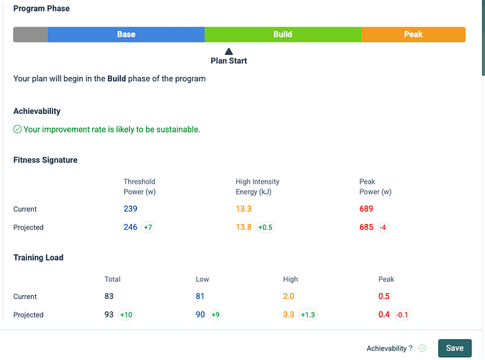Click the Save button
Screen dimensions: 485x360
point(455,348)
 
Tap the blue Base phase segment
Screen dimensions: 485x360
point(126,35)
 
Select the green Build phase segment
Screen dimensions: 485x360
point(282,35)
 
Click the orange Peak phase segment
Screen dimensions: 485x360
point(413,35)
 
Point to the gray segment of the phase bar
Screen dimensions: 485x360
point(30,35)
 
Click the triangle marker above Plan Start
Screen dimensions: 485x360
point(228,51)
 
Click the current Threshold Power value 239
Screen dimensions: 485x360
point(130,209)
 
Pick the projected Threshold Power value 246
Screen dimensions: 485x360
point(130,227)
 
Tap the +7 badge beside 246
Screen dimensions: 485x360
point(148,228)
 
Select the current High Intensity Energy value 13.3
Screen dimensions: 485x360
point(244,209)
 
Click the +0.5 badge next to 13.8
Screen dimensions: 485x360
point(265,228)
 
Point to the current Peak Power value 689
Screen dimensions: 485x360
point(366,209)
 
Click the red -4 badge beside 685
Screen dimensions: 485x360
point(383,228)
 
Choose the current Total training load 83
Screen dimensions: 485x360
point(109,297)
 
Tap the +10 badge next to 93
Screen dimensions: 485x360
point(126,315)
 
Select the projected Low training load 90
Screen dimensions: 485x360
point(200,315)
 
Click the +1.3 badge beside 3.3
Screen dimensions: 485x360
point(308,315)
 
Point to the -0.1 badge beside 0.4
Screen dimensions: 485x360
point(402,315)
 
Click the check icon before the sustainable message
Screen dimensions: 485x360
point(17,129)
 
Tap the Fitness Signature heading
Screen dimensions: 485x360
point(45,160)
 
